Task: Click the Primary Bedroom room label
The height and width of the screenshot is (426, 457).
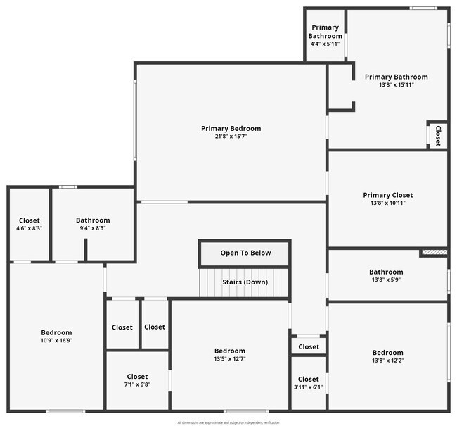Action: coord(231,128)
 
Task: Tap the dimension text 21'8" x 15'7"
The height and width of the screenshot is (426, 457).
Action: coord(231,137)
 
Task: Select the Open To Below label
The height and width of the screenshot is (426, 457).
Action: coord(245,253)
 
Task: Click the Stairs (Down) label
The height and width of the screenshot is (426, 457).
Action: coord(245,282)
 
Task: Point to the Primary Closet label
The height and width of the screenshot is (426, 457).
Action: coord(387,195)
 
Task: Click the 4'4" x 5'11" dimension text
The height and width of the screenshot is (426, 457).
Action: coord(325,44)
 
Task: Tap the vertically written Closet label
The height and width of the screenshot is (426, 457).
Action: coord(437,135)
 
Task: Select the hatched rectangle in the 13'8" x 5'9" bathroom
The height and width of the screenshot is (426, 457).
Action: coord(433,251)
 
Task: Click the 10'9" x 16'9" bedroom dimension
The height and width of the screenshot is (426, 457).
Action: coord(56,341)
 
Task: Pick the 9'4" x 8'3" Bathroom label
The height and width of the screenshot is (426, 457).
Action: coord(93,220)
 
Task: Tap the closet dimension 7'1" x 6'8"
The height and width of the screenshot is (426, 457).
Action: coord(137,384)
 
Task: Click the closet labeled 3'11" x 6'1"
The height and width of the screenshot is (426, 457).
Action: coord(308,380)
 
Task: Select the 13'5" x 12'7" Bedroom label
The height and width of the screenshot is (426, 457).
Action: coord(230,351)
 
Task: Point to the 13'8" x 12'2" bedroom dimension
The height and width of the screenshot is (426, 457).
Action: coord(387,361)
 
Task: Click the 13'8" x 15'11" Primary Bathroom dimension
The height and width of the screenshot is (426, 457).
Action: coord(396,85)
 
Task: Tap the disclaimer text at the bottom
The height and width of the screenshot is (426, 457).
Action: coord(228,422)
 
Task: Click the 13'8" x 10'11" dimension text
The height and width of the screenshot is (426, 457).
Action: coord(387,203)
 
